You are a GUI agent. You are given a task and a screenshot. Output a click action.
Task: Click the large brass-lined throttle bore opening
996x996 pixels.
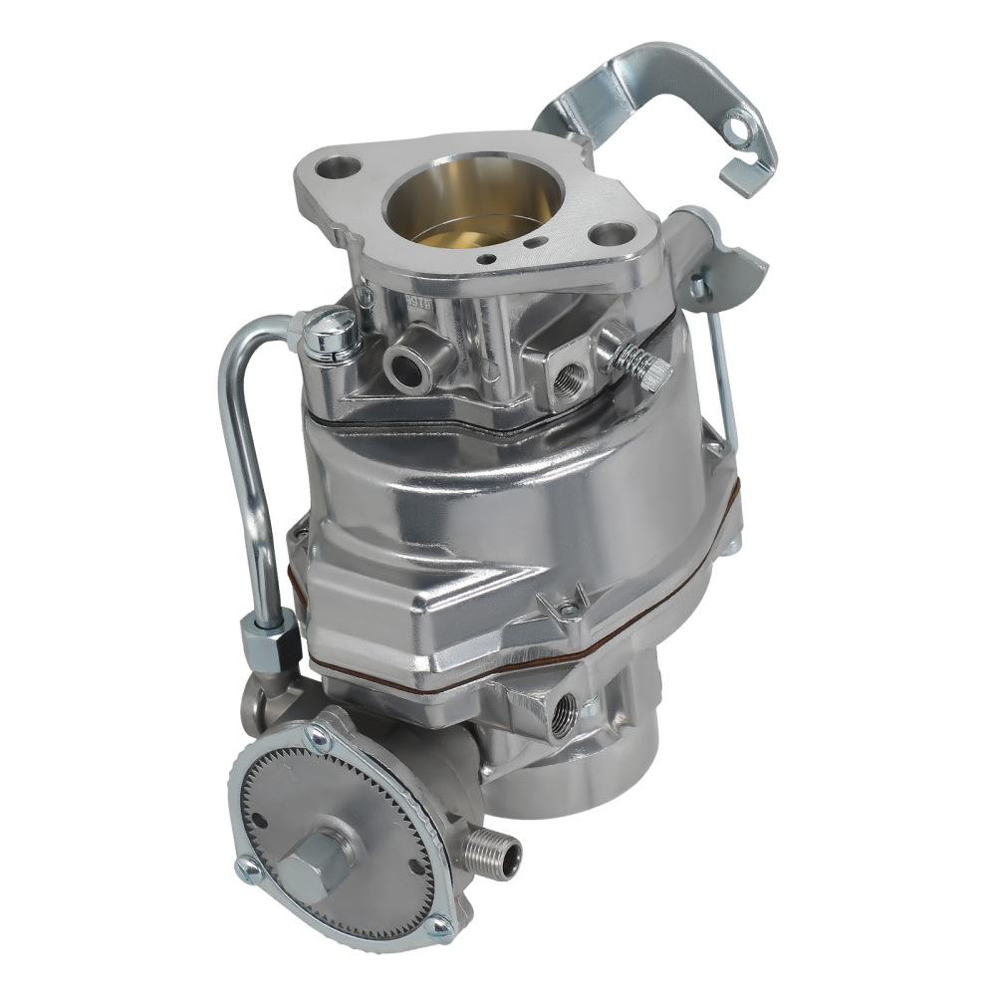(460, 204)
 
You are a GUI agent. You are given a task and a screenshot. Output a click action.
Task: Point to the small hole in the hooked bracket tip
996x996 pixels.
(737, 127)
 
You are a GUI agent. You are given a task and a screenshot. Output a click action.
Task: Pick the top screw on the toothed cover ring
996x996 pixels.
(319, 737)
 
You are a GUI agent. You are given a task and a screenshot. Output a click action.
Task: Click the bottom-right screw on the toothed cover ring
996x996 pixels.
(438, 928)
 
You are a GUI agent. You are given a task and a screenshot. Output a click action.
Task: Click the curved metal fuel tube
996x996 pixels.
(239, 448)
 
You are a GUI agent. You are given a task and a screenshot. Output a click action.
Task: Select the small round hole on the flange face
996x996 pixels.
(487, 258)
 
